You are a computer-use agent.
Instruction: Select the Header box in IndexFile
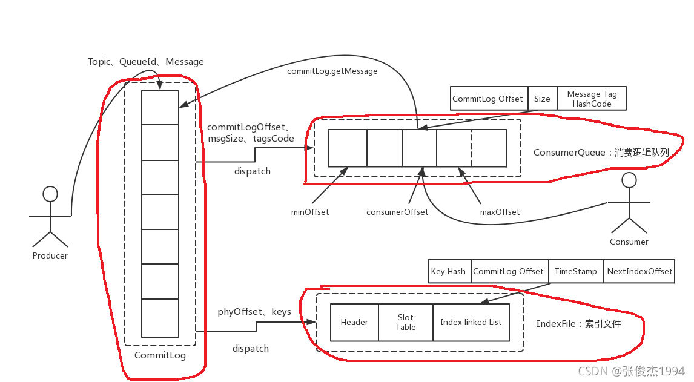(x=354, y=322)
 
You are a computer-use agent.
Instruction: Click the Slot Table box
(x=405, y=322)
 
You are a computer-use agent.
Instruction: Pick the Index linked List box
(x=471, y=322)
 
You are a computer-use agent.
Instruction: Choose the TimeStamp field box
(x=576, y=271)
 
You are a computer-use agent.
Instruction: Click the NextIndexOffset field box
(x=639, y=271)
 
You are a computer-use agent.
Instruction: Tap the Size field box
(x=542, y=98)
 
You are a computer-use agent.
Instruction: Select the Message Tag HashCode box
(x=592, y=98)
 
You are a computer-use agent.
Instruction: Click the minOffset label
(x=310, y=212)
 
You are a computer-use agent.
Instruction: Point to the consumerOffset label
(x=397, y=212)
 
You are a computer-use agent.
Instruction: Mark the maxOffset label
(x=500, y=212)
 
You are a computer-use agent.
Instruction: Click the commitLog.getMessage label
(x=332, y=71)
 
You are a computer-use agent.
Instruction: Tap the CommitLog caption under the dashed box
(x=160, y=355)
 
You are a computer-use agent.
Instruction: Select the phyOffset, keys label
(x=254, y=312)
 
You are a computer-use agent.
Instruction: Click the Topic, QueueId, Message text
(x=145, y=62)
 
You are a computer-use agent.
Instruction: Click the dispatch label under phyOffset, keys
(x=251, y=348)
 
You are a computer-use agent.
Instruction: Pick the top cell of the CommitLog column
(x=160, y=108)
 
